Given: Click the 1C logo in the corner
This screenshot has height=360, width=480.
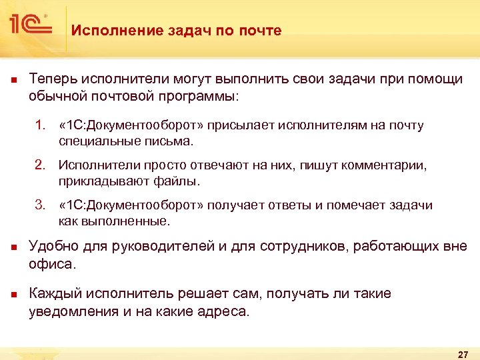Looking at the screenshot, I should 30,25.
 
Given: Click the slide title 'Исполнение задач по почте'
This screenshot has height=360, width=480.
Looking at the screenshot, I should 177,31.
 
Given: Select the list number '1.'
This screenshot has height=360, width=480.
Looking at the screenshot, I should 41,125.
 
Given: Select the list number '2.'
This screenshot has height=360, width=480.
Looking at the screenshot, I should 41,165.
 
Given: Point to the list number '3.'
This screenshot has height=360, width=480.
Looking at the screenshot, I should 41,205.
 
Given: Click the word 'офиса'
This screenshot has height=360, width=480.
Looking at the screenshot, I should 51,263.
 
